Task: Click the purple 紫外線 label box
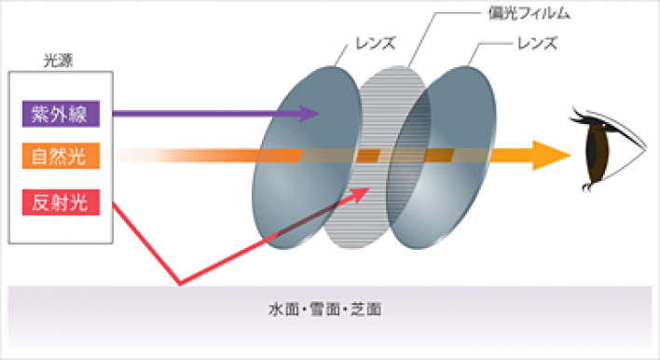61,114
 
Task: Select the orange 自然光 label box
61,156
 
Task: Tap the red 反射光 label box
61,202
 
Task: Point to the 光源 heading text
58,61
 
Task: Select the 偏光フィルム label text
529,14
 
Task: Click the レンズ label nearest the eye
538,44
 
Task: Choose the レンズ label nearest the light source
376,44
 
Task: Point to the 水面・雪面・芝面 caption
325,310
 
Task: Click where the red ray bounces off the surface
180,284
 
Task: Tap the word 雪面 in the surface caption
325,310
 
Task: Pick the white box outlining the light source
8,158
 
